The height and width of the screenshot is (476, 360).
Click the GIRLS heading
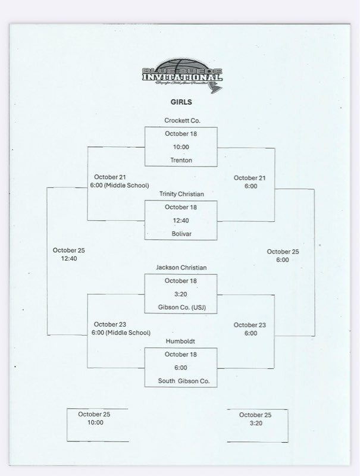click(181, 102)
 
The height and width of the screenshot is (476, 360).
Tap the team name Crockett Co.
click(181, 121)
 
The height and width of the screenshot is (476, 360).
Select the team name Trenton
click(181, 160)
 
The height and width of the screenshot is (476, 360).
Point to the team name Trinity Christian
click(181, 194)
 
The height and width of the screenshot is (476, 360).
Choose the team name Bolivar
click(181, 234)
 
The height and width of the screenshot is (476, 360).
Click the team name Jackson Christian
click(181, 268)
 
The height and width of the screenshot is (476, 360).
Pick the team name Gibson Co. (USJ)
click(181, 308)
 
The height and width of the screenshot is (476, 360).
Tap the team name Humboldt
click(181, 342)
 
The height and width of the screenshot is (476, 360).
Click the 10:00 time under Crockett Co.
click(181, 147)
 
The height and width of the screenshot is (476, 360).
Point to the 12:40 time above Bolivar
click(181, 221)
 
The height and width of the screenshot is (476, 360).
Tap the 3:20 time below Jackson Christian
click(181, 294)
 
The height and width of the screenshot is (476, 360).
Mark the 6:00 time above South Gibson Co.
click(181, 368)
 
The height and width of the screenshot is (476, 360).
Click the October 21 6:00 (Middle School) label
click(121, 181)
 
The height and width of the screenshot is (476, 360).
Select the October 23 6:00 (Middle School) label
click(121, 329)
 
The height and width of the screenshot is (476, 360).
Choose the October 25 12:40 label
click(68, 255)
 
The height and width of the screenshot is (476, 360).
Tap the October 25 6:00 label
click(283, 256)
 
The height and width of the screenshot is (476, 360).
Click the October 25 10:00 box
click(95, 423)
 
